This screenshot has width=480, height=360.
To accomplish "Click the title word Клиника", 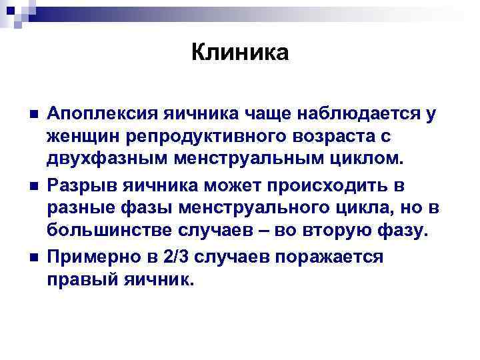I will coord(240,52).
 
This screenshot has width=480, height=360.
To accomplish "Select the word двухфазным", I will coord(93,159).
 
